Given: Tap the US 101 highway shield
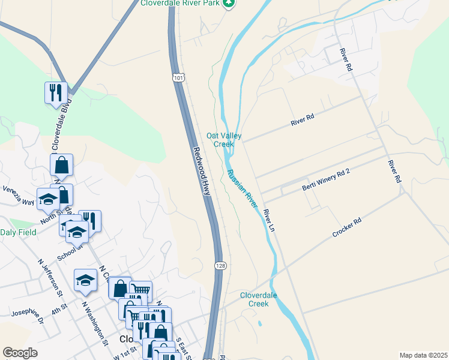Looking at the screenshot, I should pos(178,77).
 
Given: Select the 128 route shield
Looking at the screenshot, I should pos(220,265).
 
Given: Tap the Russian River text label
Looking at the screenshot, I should pos(243,188).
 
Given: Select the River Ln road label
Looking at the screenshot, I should pos(268,221).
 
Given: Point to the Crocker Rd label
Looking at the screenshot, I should pos(347,229).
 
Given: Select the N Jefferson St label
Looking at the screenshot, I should pos(50,278).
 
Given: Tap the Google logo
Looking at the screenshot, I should pos(20,353).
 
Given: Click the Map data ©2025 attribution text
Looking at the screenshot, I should pos(423,355).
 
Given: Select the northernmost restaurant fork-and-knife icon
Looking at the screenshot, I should pos(56,92).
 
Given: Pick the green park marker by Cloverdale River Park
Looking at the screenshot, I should pos(228,4).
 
